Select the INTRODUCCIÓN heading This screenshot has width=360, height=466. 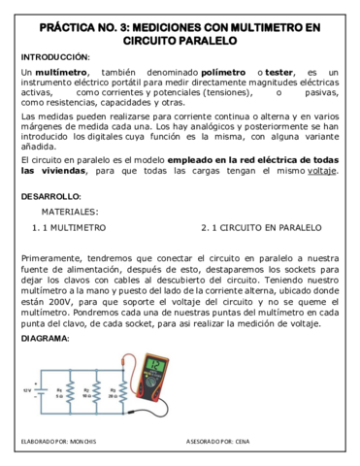(54, 57)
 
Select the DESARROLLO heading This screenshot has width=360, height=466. (51, 196)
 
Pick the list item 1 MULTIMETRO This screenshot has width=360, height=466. (71, 229)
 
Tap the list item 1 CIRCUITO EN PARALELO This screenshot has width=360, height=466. (256, 229)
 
